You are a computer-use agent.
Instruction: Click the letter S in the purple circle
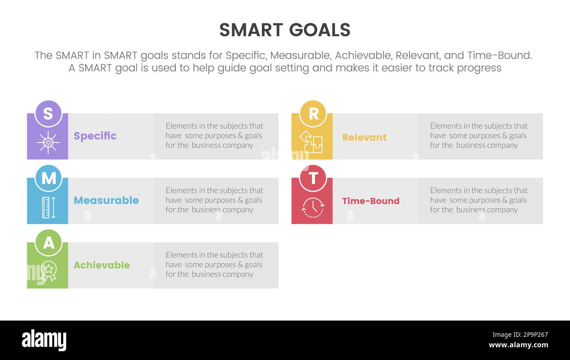[48, 114]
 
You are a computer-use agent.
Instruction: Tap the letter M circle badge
[48, 178]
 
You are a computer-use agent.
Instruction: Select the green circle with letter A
[48, 243]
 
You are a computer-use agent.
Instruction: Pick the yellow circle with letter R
[313, 114]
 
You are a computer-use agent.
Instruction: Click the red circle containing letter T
[313, 178]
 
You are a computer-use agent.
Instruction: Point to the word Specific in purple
[95, 136]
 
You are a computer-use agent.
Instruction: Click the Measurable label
[106, 200]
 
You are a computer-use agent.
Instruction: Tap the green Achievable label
[102, 265]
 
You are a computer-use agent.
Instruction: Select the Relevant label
[364, 137]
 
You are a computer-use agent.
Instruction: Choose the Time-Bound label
[370, 201]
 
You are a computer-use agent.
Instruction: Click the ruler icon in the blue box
[48, 207]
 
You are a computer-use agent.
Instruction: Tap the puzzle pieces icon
[311, 142]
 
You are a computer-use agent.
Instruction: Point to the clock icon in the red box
[313, 207]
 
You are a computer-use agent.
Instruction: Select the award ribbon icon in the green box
[48, 271]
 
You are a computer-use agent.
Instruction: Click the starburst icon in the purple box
[48, 143]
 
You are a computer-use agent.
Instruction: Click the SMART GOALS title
[285, 30]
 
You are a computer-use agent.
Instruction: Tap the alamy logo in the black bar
[44, 340]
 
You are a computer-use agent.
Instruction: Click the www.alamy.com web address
[518, 345]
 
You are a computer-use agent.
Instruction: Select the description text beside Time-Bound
[478, 200]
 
